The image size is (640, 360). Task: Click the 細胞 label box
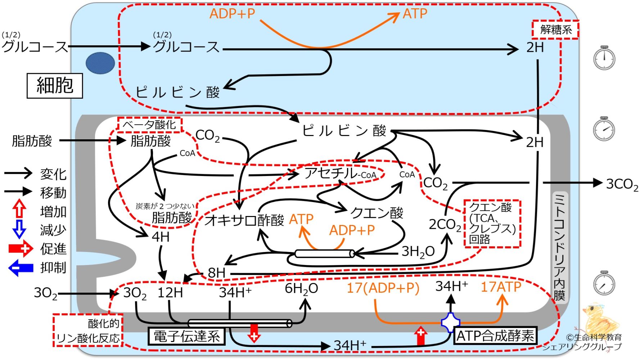coord(55,86)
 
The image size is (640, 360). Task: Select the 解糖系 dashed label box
coord(555,30)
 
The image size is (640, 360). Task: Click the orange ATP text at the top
coord(415,14)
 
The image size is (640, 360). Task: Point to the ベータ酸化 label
coord(149,125)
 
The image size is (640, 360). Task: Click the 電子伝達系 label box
coord(186,336)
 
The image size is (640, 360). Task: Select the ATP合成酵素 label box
coord(495,336)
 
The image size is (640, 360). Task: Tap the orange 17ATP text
coord(501,287)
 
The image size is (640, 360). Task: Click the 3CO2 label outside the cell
coord(622,184)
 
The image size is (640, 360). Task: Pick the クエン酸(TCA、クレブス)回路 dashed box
coord(492,223)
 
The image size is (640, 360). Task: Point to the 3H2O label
coord(418,251)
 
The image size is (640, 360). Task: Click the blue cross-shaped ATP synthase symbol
coord(450,323)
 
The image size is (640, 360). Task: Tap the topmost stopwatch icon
coord(604,58)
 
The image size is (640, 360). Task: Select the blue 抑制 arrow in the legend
coord(21,267)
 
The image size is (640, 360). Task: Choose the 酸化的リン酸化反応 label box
coord(88,330)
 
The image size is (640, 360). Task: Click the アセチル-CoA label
coord(340,173)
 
